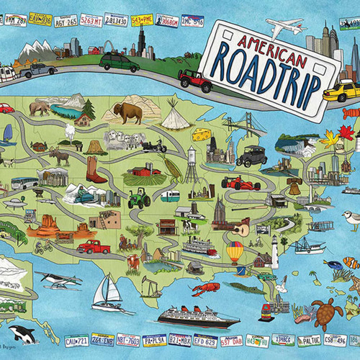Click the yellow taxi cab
[x=340, y=91]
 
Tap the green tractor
[x=138, y=197]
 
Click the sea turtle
[x=325, y=310]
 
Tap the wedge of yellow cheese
[x=201, y=134]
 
